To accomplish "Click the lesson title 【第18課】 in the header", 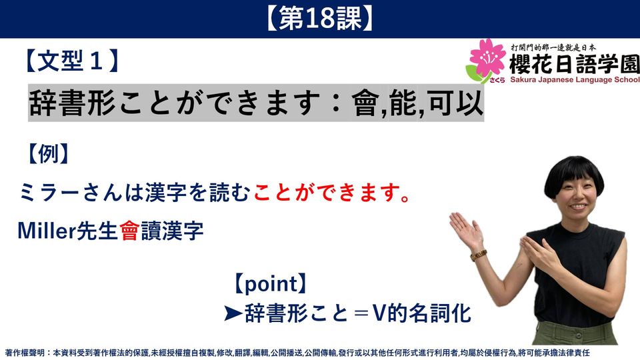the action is pos(319,19).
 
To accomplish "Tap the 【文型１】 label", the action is pos(72,61).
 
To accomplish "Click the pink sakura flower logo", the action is pos(486,59).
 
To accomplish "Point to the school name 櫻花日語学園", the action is pos(574,64).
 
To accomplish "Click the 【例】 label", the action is pos(48,154).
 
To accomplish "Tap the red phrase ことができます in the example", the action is pos(326,193).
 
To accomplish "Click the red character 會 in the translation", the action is pos(130,231).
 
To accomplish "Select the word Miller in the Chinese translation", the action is pos(47,231).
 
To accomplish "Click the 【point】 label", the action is pos(270,284).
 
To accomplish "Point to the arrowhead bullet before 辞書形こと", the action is pos(233,313).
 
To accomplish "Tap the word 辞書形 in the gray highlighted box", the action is pos(72,103).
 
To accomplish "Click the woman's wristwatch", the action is pos(479,255).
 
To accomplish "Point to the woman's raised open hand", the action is pos(465,229).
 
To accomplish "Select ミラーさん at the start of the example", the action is pos(70,193).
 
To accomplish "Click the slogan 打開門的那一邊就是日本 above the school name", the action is pos(553,47).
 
